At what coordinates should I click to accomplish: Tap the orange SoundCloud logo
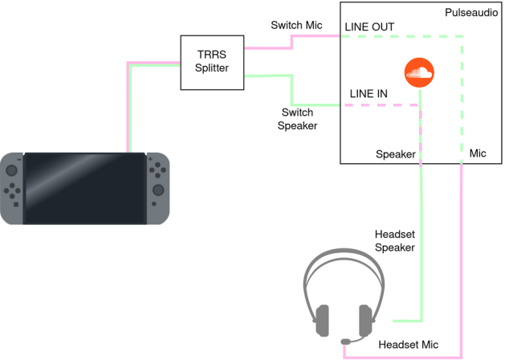pyautogui.click(x=417, y=74)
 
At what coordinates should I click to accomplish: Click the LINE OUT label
pyautogui.click(x=369, y=27)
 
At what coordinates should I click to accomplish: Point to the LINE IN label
pyautogui.click(x=368, y=94)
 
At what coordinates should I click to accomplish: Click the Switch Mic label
pyautogui.click(x=295, y=26)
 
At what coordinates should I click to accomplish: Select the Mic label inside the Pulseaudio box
pyautogui.click(x=478, y=152)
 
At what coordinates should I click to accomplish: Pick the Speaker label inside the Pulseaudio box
pyautogui.click(x=395, y=153)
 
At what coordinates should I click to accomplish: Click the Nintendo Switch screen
pyautogui.click(x=84, y=188)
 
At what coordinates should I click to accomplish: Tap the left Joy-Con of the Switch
pyautogui.click(x=13, y=188)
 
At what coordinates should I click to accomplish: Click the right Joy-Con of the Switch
pyautogui.click(x=157, y=188)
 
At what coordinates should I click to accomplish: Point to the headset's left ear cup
pyautogui.click(x=323, y=320)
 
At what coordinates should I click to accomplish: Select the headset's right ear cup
pyautogui.click(x=366, y=320)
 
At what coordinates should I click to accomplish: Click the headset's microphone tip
pyautogui.click(x=345, y=342)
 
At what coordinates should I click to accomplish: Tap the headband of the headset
pyautogui.click(x=345, y=261)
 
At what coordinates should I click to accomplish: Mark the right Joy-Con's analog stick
pyautogui.click(x=157, y=191)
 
